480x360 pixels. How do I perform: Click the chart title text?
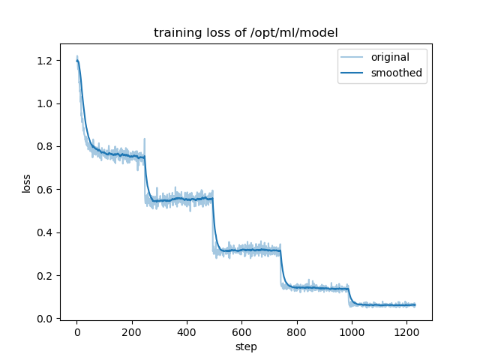coord(245,33)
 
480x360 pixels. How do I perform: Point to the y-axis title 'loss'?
coord(26,183)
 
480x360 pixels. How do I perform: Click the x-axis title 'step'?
coord(245,347)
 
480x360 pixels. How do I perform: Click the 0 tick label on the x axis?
coord(76,332)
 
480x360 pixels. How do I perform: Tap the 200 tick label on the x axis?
coord(132,332)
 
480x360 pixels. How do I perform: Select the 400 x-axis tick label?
coord(187,332)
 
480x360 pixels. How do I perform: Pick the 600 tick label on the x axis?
coord(241,332)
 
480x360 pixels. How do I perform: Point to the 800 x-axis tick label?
coord(297,332)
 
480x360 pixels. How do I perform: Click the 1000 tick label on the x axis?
coord(352,332)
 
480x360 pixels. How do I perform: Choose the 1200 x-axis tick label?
coord(406,332)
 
